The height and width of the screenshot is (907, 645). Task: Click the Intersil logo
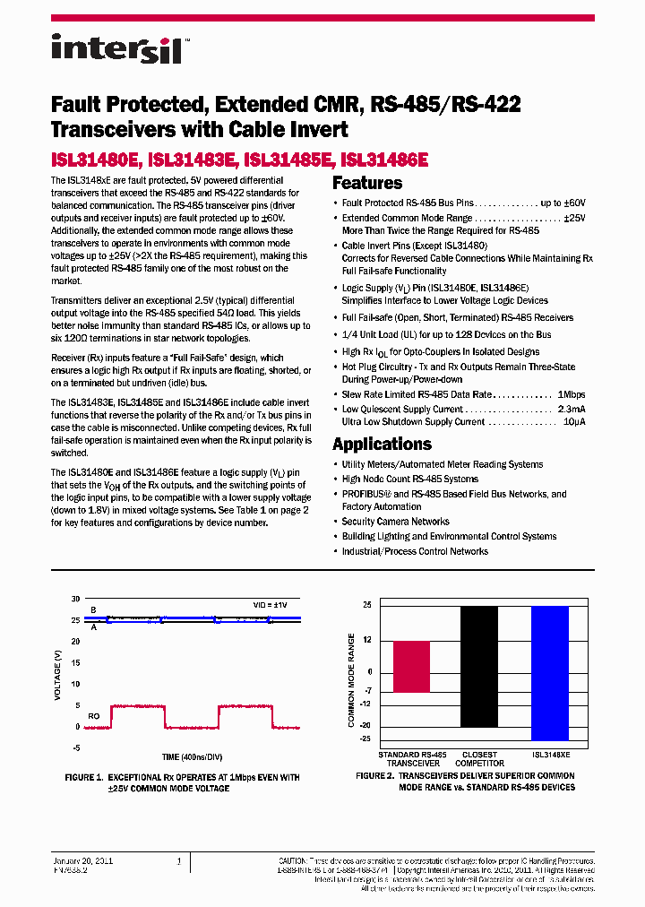coord(116,48)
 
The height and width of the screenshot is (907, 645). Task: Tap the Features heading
coord(367,184)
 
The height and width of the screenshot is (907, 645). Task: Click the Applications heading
coord(382,445)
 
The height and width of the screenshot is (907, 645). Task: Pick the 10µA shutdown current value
coord(575,422)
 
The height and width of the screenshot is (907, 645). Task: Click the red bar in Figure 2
coord(411,667)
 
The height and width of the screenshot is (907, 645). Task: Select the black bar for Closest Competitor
coord(479,667)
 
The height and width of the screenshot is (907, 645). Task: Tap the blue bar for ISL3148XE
coord(549,672)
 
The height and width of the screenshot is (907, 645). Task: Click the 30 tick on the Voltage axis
coord(76,599)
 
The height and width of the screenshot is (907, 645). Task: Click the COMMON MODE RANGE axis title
coord(351,679)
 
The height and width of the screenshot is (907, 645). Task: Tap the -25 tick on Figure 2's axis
coord(365,739)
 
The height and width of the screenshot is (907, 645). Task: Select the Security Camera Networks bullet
coord(395,522)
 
